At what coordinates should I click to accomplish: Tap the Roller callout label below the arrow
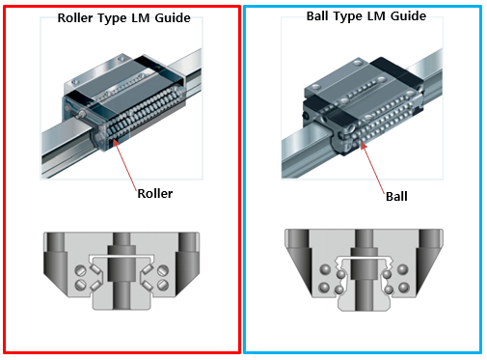(154, 193)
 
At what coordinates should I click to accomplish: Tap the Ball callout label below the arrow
(396, 196)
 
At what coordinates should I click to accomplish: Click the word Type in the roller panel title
(119, 18)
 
